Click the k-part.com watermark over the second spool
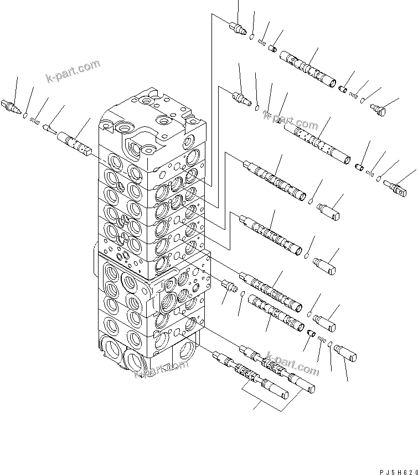291,120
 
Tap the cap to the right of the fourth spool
325,265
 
